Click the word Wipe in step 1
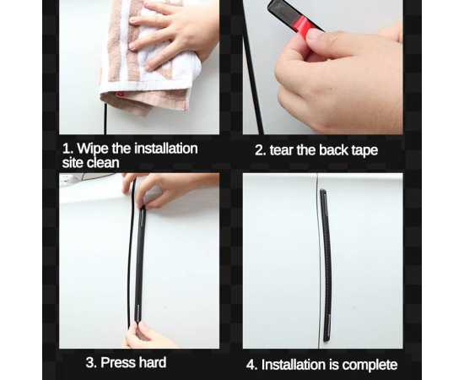click(x=93, y=149)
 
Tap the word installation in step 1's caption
click(x=166, y=149)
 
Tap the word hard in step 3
click(x=153, y=362)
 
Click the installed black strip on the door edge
click(x=326, y=266)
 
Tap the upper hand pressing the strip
click(x=165, y=189)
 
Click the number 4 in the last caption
click(x=251, y=365)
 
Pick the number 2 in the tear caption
click(x=260, y=150)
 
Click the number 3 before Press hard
click(x=91, y=362)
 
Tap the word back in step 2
click(x=334, y=150)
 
